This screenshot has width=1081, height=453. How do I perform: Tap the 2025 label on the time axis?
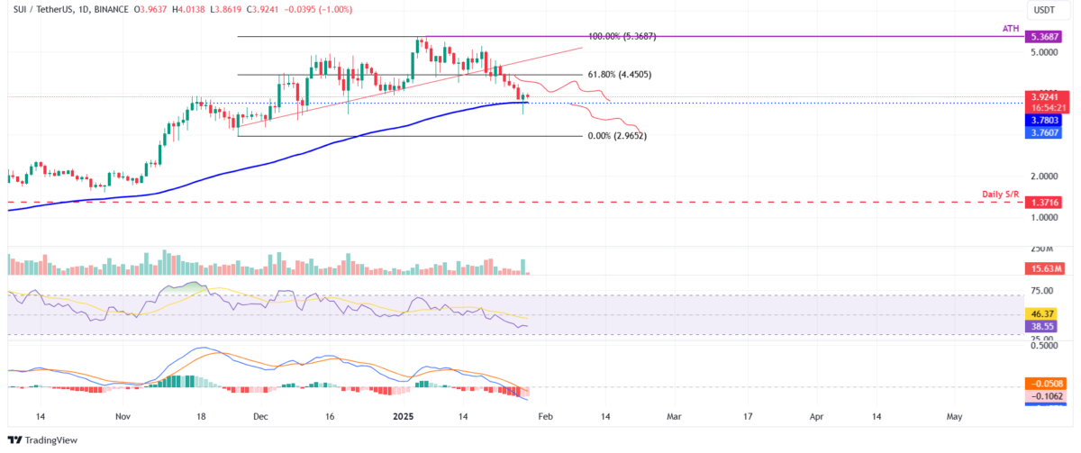point(403,418)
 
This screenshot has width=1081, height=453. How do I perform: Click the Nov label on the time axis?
point(124,418)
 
